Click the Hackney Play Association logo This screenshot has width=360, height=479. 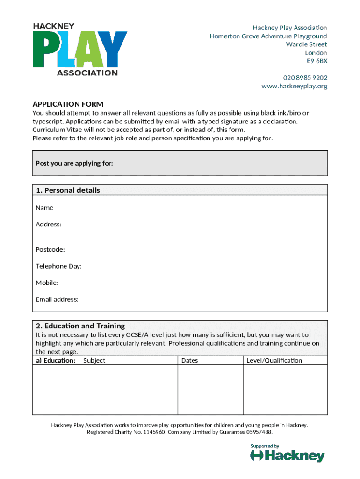[x=79, y=50]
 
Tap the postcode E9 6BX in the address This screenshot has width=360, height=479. [x=317, y=61]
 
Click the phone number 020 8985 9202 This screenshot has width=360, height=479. [x=305, y=78]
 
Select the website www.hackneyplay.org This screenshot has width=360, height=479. [x=294, y=86]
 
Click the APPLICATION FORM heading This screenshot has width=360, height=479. [x=68, y=104]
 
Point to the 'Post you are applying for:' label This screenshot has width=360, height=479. [x=74, y=163]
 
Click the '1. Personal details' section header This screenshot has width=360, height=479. [x=68, y=190]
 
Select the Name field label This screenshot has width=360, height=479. [x=44, y=208]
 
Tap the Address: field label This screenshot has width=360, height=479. [x=48, y=225]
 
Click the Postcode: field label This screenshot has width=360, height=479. [x=50, y=250]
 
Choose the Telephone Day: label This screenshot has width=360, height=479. [x=58, y=266]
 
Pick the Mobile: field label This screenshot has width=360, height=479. [x=47, y=283]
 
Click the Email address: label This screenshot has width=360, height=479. [x=57, y=299]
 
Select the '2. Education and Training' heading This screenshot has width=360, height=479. [x=80, y=326]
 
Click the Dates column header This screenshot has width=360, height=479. [x=189, y=361]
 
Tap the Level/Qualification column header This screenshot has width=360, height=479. [x=274, y=361]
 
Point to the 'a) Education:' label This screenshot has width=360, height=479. [x=56, y=361]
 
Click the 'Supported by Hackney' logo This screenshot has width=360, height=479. [x=287, y=453]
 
